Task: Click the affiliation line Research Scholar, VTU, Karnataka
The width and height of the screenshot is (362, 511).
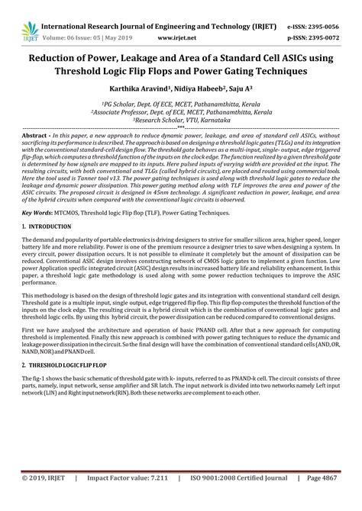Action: pos(181,120)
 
